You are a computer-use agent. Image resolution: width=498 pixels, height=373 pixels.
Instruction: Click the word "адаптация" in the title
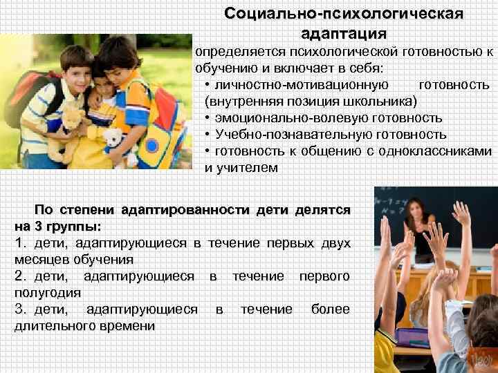344,32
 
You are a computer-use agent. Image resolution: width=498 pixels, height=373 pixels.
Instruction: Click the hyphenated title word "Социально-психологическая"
344,14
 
